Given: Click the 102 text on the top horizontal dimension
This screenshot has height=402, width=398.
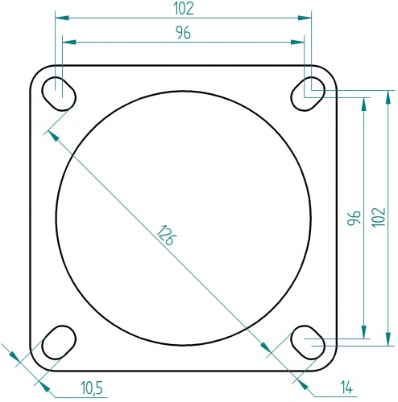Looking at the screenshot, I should pyautogui.click(x=184, y=8).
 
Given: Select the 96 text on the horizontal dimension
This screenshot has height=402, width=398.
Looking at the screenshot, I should pyautogui.click(x=184, y=33).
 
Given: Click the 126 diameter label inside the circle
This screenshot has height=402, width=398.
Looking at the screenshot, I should pyautogui.click(x=166, y=236).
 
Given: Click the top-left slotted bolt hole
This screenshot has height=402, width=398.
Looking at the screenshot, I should pyautogui.click(x=59, y=92).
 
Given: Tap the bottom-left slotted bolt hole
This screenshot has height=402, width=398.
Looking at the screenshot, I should pyautogui.click(x=57, y=343).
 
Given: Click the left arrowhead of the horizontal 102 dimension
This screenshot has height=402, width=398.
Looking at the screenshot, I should pyautogui.click(x=60, y=16).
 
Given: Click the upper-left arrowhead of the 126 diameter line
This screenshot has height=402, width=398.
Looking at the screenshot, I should pyautogui.click(x=53, y=134).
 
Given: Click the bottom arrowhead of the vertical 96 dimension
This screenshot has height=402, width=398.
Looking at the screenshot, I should pyautogui.click(x=364, y=333).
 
